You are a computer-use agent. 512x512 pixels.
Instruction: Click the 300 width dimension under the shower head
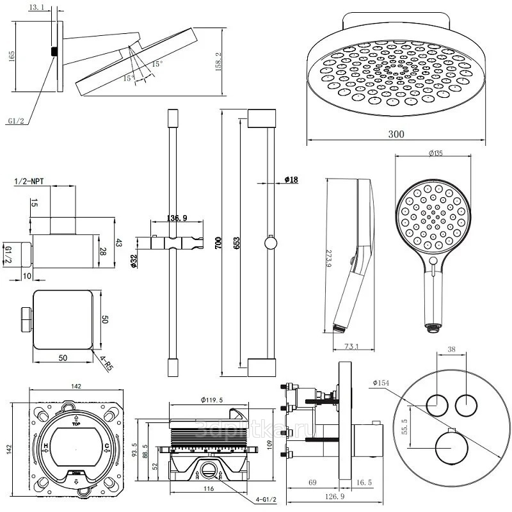point(397,134)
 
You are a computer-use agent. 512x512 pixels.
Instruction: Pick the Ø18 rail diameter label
point(291,180)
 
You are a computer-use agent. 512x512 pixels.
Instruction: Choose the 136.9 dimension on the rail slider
point(177,218)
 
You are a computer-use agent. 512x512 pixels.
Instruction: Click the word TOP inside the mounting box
point(76,424)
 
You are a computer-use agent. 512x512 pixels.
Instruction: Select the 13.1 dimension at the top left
point(37,8)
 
